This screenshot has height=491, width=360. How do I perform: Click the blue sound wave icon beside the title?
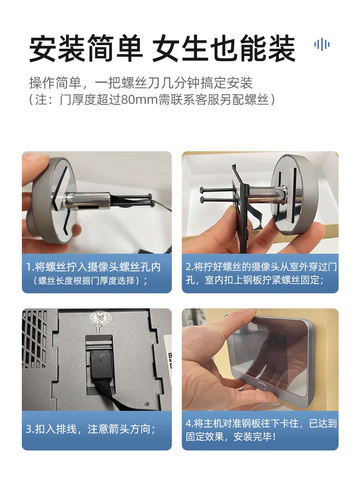point(322,45)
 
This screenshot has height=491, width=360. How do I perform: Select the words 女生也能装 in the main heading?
point(224,49)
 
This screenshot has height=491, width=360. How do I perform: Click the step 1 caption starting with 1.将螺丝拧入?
point(93,273)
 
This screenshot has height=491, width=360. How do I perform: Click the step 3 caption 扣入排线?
point(91,429)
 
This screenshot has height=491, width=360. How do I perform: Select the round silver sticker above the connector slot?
point(100,319)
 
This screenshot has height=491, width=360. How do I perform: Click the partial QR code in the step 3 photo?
point(170,361)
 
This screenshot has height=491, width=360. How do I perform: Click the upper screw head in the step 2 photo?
point(201,189)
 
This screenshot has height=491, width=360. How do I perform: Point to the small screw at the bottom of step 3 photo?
point(147,404)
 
